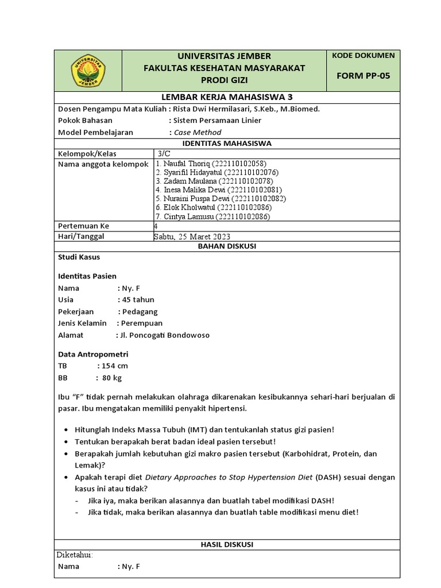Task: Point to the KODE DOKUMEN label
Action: click(x=363, y=56)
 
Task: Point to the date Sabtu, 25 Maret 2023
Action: click(x=191, y=237)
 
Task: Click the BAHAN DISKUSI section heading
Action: click(x=227, y=246)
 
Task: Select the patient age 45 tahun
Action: click(x=138, y=300)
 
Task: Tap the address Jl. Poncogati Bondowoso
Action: click(x=164, y=335)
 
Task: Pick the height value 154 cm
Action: click(x=115, y=366)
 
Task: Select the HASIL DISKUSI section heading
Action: click(x=226, y=544)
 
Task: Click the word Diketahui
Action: click(x=74, y=555)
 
